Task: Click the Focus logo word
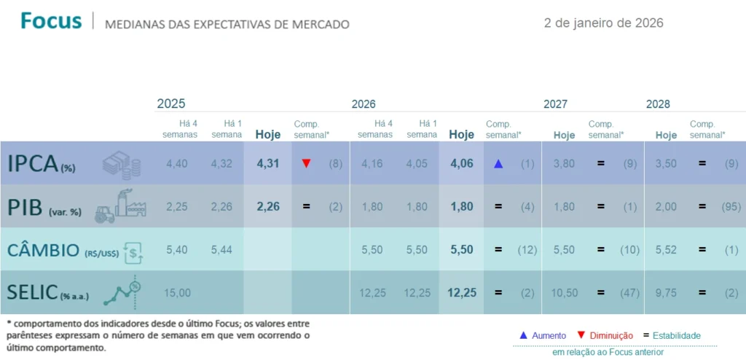tap(51, 21)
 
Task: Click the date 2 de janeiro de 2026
tap(603, 23)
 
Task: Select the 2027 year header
tap(555, 104)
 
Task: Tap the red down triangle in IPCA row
tap(306, 163)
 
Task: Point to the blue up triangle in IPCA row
tap(498, 163)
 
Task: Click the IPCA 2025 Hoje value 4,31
tap(268, 163)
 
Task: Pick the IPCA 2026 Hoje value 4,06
tap(461, 163)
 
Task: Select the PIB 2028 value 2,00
tap(666, 206)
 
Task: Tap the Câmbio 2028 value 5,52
tap(666, 249)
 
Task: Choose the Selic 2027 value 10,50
tap(564, 292)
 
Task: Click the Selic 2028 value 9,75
tap(666, 292)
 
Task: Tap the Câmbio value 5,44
tap(222, 249)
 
